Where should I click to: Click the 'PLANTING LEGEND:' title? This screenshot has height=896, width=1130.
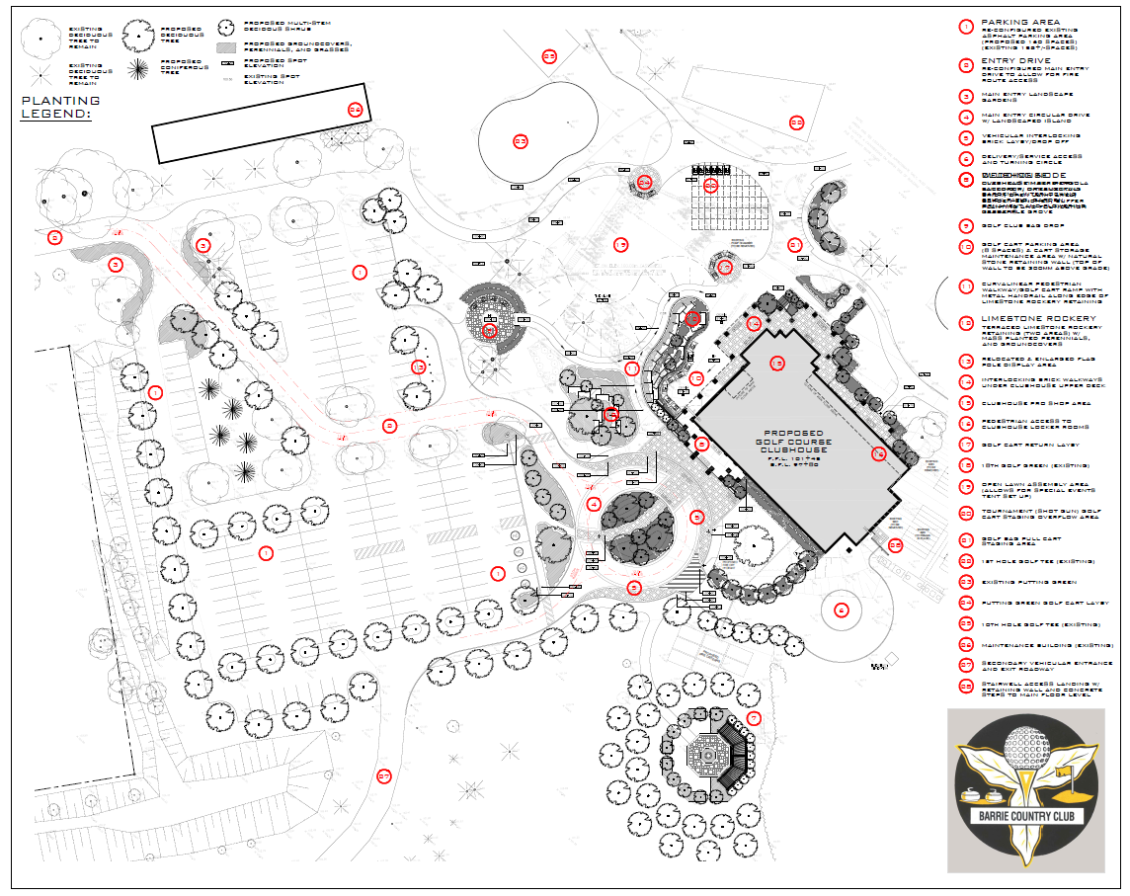59,107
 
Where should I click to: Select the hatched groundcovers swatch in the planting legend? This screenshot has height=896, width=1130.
226,46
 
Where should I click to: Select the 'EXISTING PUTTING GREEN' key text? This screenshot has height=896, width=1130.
1027,582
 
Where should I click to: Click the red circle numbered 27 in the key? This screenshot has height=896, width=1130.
965,666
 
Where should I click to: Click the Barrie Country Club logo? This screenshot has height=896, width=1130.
1028,790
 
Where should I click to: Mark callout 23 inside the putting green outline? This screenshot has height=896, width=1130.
521,141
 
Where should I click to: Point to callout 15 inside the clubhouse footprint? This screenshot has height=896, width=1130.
776,363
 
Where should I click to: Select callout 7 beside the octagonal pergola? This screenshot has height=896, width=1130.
755,718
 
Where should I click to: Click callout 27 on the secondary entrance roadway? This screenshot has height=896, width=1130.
384,775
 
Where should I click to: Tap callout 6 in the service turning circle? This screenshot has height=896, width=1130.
842,611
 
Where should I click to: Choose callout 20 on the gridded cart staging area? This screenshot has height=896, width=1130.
710,184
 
